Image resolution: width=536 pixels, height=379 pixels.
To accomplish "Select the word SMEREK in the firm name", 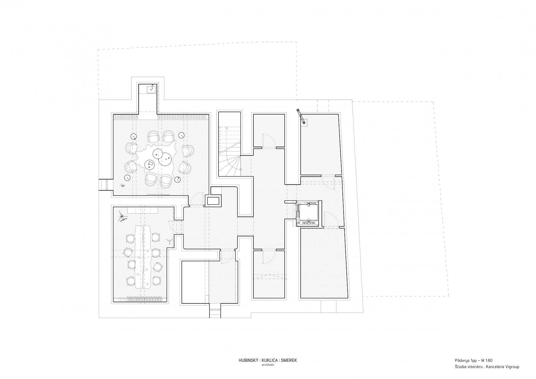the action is pyautogui.click(x=289, y=360).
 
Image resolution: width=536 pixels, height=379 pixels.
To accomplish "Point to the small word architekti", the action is pyautogui.click(x=268, y=365).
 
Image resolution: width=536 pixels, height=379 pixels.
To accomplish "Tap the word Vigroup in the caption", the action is pyautogui.click(x=511, y=367).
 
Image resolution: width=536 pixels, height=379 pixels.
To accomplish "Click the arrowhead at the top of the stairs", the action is pyautogui.click(x=227, y=127).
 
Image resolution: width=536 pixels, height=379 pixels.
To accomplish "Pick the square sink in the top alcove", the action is pyautogui.click(x=150, y=90).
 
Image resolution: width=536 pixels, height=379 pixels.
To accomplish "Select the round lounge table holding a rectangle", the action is pyautogui.click(x=150, y=164).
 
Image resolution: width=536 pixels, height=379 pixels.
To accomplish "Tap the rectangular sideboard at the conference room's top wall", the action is pyautogui.click(x=143, y=210).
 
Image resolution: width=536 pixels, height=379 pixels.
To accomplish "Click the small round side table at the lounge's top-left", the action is pyautogui.click(x=133, y=137).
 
